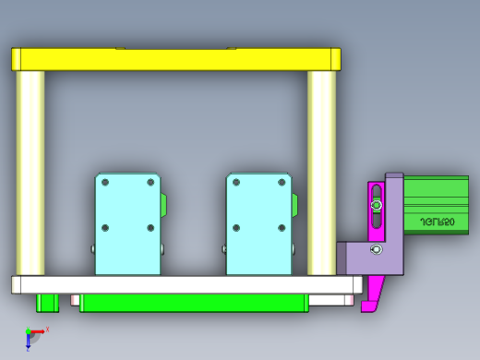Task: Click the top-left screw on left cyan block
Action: tap(106, 182)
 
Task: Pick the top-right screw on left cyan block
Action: tap(150, 182)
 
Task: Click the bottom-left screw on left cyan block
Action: tap(106, 227)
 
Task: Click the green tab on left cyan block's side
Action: tap(164, 204)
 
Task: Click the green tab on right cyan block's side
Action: tap(295, 204)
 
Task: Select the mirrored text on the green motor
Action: tap(437, 222)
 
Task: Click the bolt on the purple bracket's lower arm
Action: tap(375, 250)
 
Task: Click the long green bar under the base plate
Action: tap(194, 303)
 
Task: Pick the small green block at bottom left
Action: tap(47, 302)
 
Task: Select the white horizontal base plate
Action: tap(185, 284)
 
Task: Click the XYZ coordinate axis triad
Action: tap(33, 336)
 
